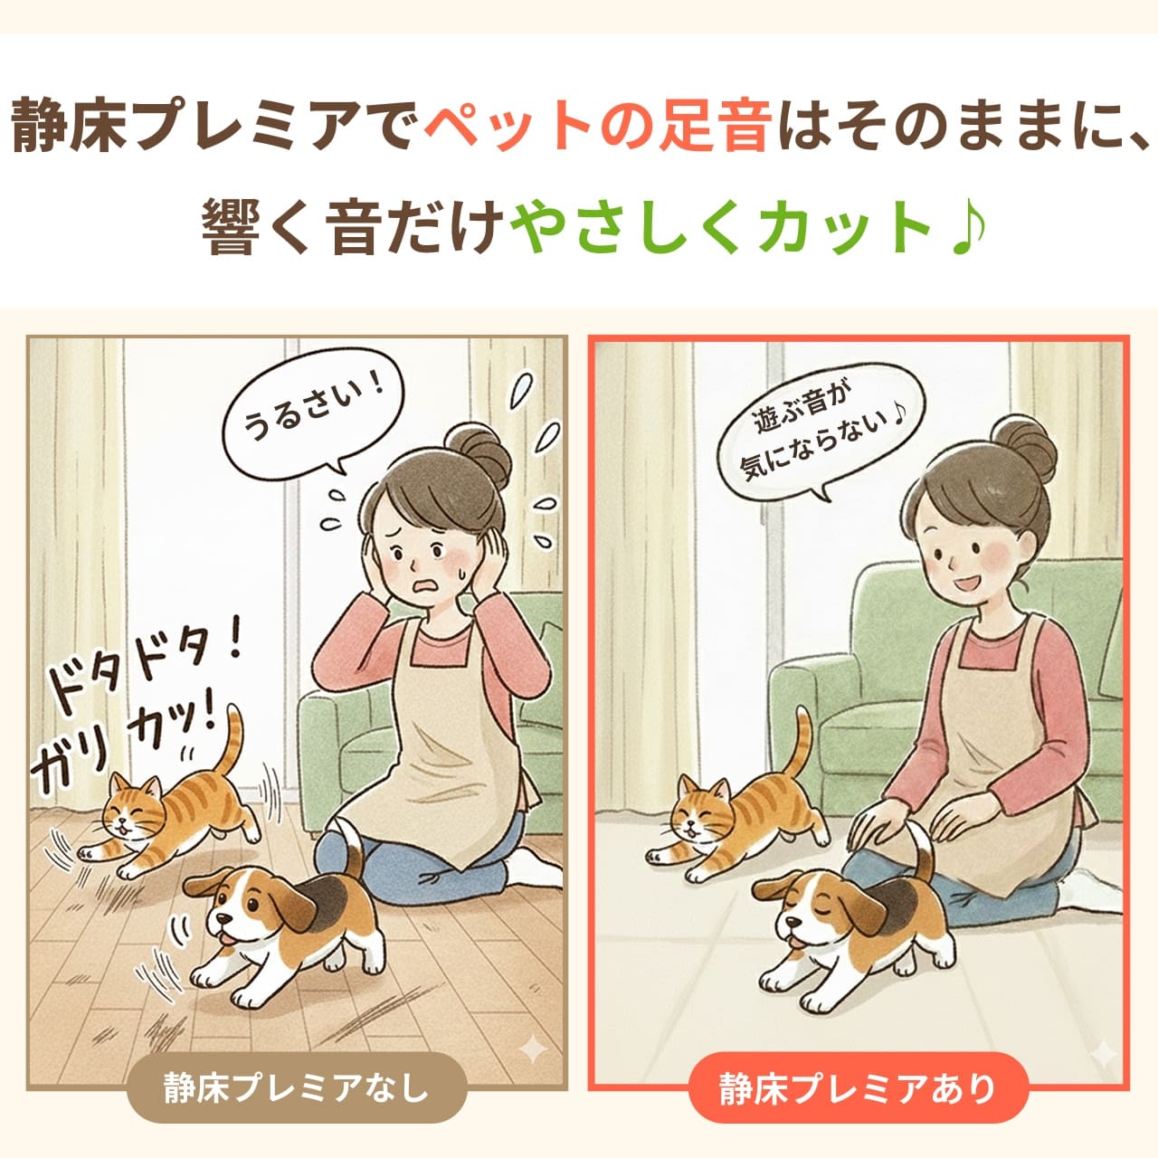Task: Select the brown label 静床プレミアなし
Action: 296,1087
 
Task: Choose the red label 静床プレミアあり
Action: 858,1087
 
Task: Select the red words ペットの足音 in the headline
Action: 597,128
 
